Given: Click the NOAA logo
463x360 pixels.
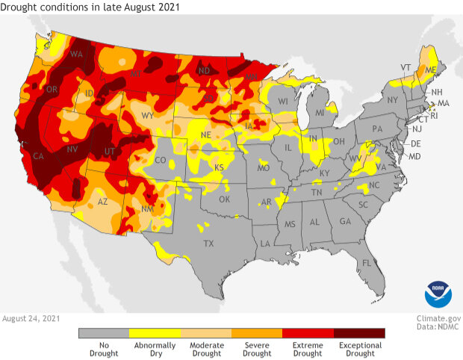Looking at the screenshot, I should (438, 294).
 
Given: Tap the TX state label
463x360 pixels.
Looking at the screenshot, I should (208, 243).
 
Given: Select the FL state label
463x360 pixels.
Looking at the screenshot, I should (366, 264).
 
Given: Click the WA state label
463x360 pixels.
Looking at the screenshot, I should (76, 55).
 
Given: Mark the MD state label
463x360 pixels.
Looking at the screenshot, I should (415, 157).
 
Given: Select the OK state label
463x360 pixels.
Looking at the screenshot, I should (225, 199).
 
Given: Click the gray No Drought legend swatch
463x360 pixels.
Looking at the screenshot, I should (104, 333).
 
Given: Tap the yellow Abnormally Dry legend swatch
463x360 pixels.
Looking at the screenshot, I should (155, 333).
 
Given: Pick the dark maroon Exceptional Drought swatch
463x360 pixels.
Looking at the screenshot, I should (359, 333).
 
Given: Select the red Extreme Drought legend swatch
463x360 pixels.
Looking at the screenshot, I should (308, 333).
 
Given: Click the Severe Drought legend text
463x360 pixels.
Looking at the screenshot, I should (257, 349).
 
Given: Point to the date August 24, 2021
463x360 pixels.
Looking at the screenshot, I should (32, 317).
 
